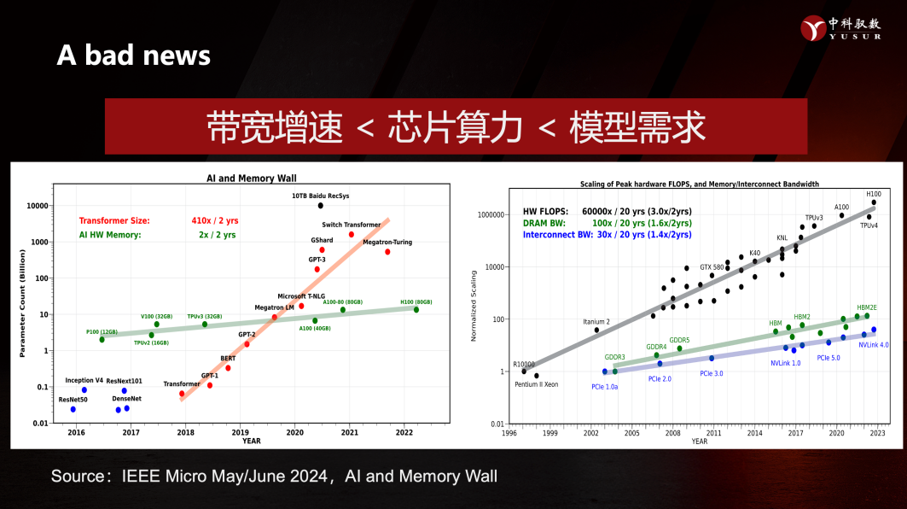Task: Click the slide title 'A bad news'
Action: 133,56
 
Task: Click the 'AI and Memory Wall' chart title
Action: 252,178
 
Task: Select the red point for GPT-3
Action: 317,269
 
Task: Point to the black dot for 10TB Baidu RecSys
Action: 321,205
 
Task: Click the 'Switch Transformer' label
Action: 351,225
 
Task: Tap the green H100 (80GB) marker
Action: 416,309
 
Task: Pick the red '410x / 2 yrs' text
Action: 213,220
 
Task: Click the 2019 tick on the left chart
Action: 241,432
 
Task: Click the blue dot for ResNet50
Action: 73,409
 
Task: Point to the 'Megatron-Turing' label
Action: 387,242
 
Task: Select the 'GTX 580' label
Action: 712,266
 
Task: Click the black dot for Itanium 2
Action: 596,330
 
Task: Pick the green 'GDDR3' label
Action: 614,357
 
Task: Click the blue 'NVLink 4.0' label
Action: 874,345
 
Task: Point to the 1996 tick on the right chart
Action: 509,433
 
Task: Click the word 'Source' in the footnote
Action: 75,476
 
